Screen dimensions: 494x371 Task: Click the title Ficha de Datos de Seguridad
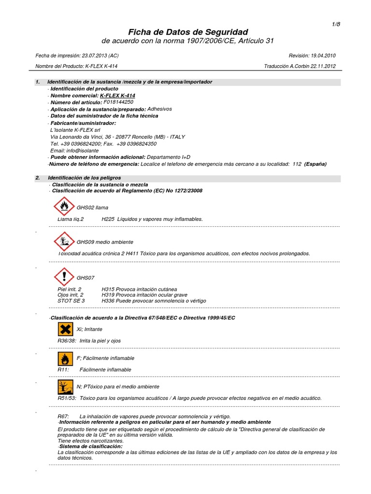(x=188, y=31)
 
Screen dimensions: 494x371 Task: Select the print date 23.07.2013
(x=95, y=55)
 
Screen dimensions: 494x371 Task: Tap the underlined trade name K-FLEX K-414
(x=117, y=96)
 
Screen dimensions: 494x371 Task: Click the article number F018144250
(x=118, y=102)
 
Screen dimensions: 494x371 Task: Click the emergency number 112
(x=297, y=164)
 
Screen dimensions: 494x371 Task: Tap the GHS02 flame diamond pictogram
(x=64, y=207)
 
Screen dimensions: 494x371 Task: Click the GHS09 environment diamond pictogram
(x=64, y=242)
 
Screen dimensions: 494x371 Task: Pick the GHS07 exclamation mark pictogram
(x=64, y=277)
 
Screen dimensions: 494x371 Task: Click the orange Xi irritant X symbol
(x=65, y=329)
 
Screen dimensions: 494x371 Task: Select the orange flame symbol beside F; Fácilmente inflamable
(x=65, y=358)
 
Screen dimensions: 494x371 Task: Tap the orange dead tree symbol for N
(x=65, y=387)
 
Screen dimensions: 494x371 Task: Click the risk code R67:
(x=63, y=416)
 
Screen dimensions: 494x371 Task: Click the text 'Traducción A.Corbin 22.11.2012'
(x=300, y=67)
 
